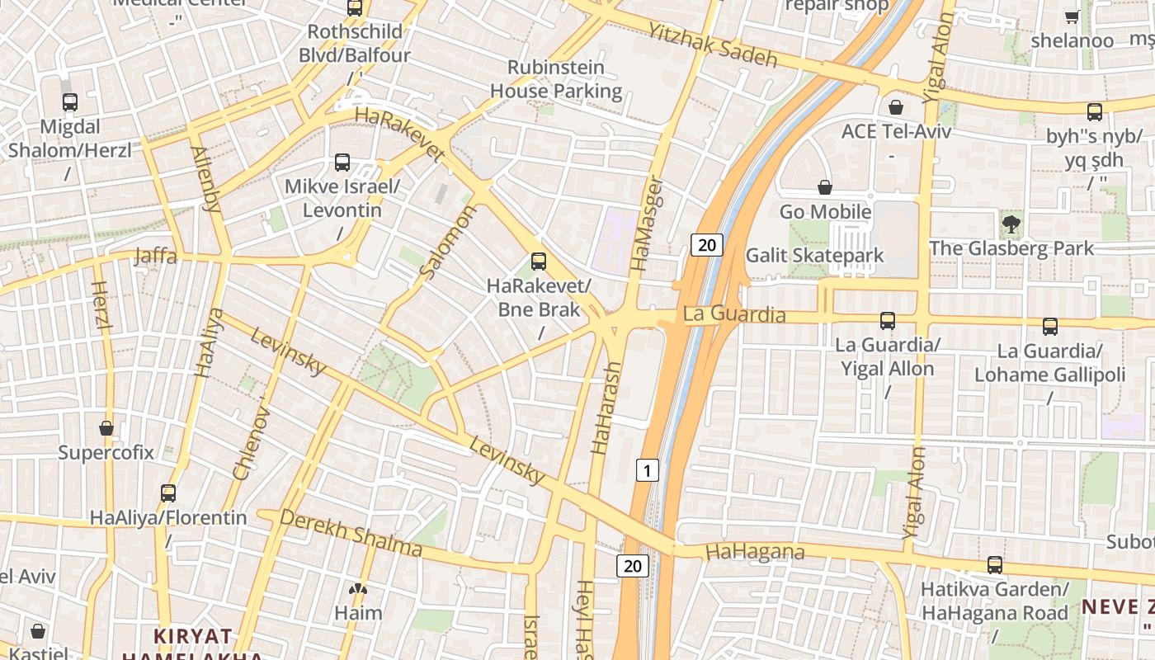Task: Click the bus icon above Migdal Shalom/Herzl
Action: (70, 102)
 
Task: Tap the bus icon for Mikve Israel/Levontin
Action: (342, 163)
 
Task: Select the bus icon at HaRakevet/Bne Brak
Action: (539, 262)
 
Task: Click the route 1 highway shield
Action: (648, 470)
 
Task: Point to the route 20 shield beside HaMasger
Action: (707, 244)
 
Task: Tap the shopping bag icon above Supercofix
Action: (106, 428)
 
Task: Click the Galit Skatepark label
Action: (814, 256)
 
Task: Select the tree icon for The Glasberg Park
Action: (1011, 224)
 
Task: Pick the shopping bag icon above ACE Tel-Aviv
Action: (895, 107)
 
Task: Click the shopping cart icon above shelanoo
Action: (1072, 16)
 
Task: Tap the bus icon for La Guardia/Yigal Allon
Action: (888, 320)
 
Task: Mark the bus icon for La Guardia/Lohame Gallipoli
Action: (1049, 327)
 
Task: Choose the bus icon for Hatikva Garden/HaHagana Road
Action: (995, 565)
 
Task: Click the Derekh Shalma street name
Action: (351, 533)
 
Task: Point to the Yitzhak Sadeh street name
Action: (713, 45)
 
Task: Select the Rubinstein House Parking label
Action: (556, 79)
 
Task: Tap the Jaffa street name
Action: (155, 257)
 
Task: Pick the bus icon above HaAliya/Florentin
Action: (168, 493)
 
